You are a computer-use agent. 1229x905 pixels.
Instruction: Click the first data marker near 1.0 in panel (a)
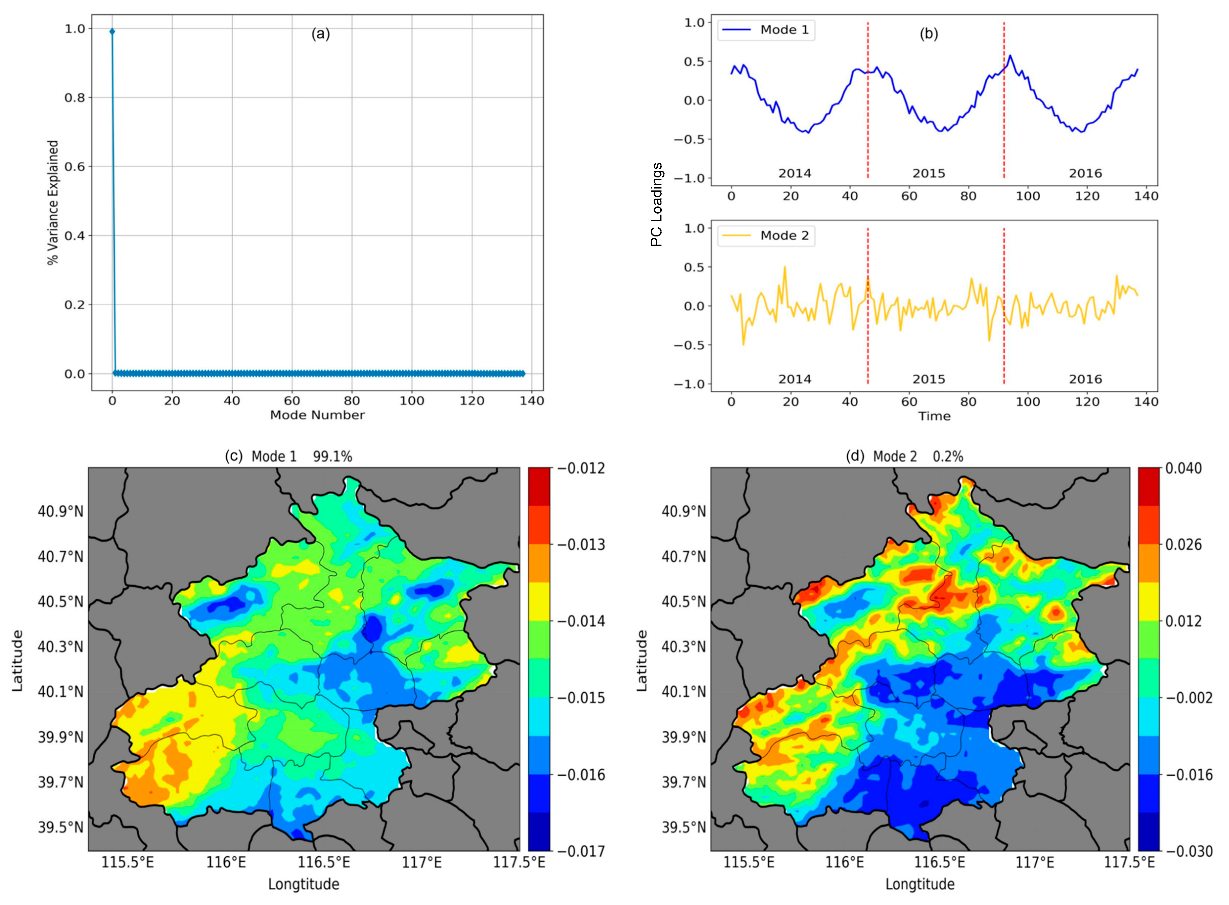pos(112,31)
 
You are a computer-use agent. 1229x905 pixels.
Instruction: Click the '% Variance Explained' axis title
pos(53,202)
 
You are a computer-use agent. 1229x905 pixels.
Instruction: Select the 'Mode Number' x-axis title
pos(317,415)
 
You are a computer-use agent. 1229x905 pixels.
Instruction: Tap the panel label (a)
pos(321,34)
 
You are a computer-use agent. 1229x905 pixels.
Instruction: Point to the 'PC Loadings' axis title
pos(657,204)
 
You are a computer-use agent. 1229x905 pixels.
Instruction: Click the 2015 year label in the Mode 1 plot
pos(929,173)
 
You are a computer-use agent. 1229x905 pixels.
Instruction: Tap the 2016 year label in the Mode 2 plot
pos(1085,379)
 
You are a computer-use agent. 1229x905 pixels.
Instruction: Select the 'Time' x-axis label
pos(934,416)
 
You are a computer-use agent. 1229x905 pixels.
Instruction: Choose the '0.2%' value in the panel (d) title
pos(948,456)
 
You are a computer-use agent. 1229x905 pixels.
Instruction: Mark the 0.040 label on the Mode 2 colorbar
pos(1184,468)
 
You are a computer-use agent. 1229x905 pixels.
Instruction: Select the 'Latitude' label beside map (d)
pos(642,660)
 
